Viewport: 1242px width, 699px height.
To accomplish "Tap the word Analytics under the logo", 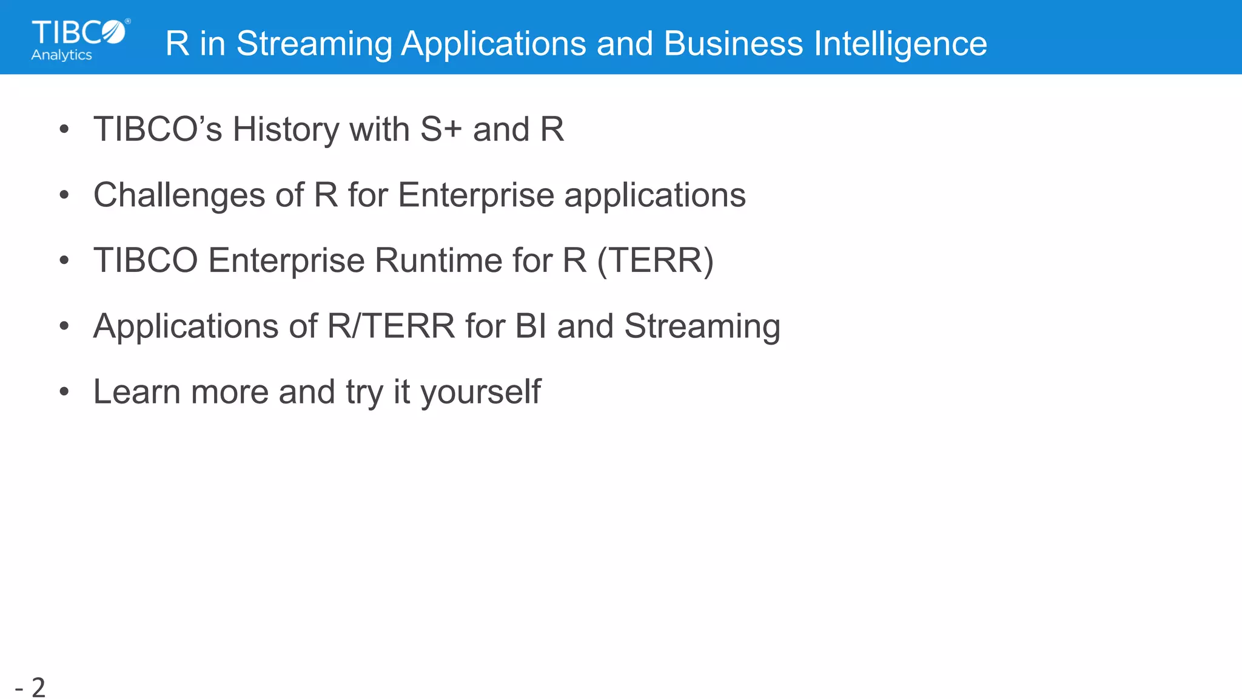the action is point(62,55).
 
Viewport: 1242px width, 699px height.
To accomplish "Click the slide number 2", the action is point(38,687).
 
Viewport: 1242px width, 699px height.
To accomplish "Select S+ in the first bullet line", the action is point(441,129).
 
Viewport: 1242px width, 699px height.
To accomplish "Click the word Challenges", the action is point(180,195).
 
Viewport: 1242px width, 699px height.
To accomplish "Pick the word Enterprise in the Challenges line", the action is point(476,195).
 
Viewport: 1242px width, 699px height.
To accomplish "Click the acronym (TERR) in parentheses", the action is point(655,261).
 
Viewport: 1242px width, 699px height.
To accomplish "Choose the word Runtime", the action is point(438,261).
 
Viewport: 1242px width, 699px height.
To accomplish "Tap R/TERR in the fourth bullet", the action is point(391,326).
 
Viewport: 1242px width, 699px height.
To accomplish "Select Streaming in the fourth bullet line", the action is point(702,326).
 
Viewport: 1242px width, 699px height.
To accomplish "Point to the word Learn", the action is point(136,392).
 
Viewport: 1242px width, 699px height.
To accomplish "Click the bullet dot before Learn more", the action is point(65,392).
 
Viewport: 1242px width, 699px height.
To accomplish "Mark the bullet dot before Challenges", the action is point(65,195).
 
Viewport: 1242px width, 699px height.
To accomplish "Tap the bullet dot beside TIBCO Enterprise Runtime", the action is point(65,261).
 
